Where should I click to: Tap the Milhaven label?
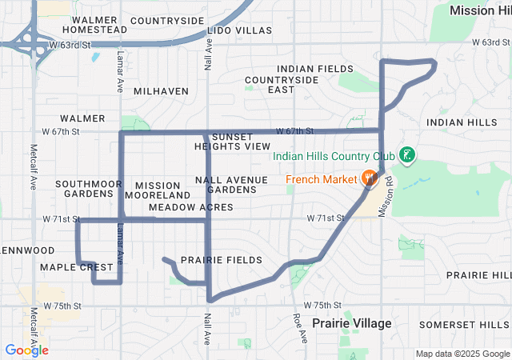[161, 91]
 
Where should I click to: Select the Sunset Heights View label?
[232, 142]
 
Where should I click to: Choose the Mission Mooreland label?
[158, 190]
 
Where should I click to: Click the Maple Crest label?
[77, 266]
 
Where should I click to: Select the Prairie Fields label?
[222, 260]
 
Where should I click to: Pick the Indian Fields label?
[314, 69]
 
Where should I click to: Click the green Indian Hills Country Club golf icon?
[408, 154]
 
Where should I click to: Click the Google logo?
[26, 350]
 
